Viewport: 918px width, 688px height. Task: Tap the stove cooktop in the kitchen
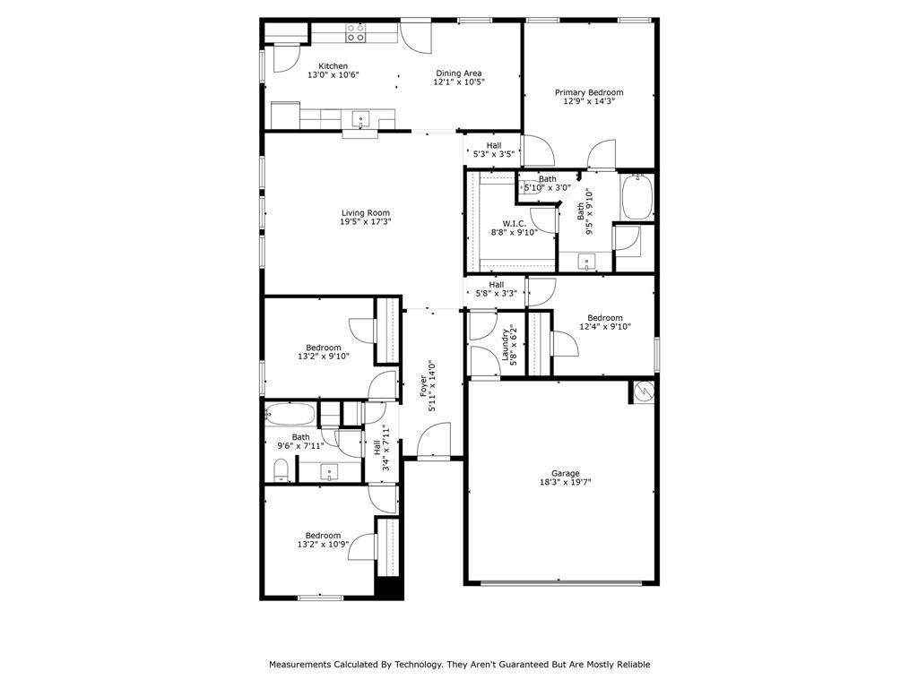[x=356, y=33]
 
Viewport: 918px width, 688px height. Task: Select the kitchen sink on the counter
[x=360, y=119]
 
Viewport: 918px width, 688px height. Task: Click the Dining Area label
[x=459, y=73]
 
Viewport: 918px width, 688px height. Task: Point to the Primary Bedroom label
[x=588, y=92]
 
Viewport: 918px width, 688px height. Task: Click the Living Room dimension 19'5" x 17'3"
[x=366, y=222]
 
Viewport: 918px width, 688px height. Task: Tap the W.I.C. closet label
[x=514, y=223]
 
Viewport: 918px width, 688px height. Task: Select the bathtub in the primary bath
[x=637, y=197]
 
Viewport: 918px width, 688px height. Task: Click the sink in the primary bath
[x=587, y=262]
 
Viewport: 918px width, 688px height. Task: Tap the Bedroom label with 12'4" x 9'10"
[x=605, y=318]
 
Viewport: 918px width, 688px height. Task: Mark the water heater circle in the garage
[x=643, y=391]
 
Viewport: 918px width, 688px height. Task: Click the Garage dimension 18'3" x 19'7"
[x=565, y=482]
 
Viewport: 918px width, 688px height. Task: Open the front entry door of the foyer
[x=433, y=443]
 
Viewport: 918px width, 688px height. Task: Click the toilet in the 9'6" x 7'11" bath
[x=281, y=469]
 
